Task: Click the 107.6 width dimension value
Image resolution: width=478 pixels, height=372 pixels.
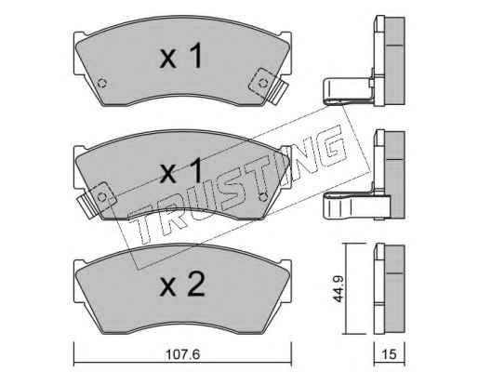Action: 182,354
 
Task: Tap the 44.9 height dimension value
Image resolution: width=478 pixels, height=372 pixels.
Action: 339,289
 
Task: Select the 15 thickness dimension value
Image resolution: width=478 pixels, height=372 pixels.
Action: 390,354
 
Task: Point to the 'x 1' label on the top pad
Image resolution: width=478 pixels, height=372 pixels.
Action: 180,56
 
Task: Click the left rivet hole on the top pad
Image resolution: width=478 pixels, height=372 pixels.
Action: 102,83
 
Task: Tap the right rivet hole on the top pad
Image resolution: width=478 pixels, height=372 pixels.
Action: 263,83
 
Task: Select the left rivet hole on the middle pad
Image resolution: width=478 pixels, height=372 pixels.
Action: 101,197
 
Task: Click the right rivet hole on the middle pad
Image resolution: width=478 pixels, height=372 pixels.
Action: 262,197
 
